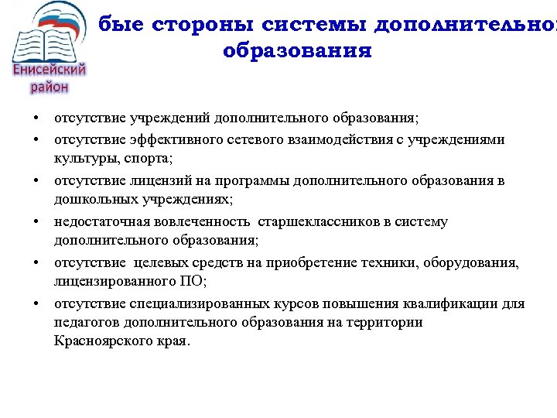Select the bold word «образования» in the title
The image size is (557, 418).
[297, 52]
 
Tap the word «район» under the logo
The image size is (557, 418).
[50, 87]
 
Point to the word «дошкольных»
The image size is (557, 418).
[91, 200]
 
